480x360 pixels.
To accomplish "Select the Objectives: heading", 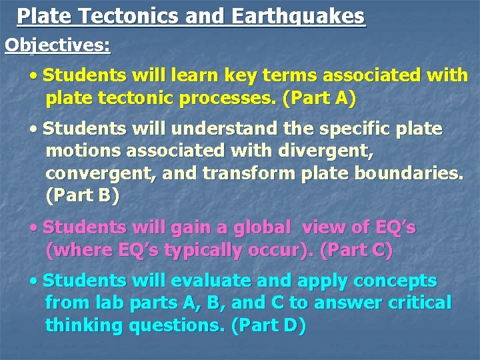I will (58, 45).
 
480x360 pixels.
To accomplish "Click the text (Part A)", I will (319, 99).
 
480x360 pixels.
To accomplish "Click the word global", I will (258, 227).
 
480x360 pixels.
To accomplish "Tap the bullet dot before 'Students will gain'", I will (34, 227).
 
